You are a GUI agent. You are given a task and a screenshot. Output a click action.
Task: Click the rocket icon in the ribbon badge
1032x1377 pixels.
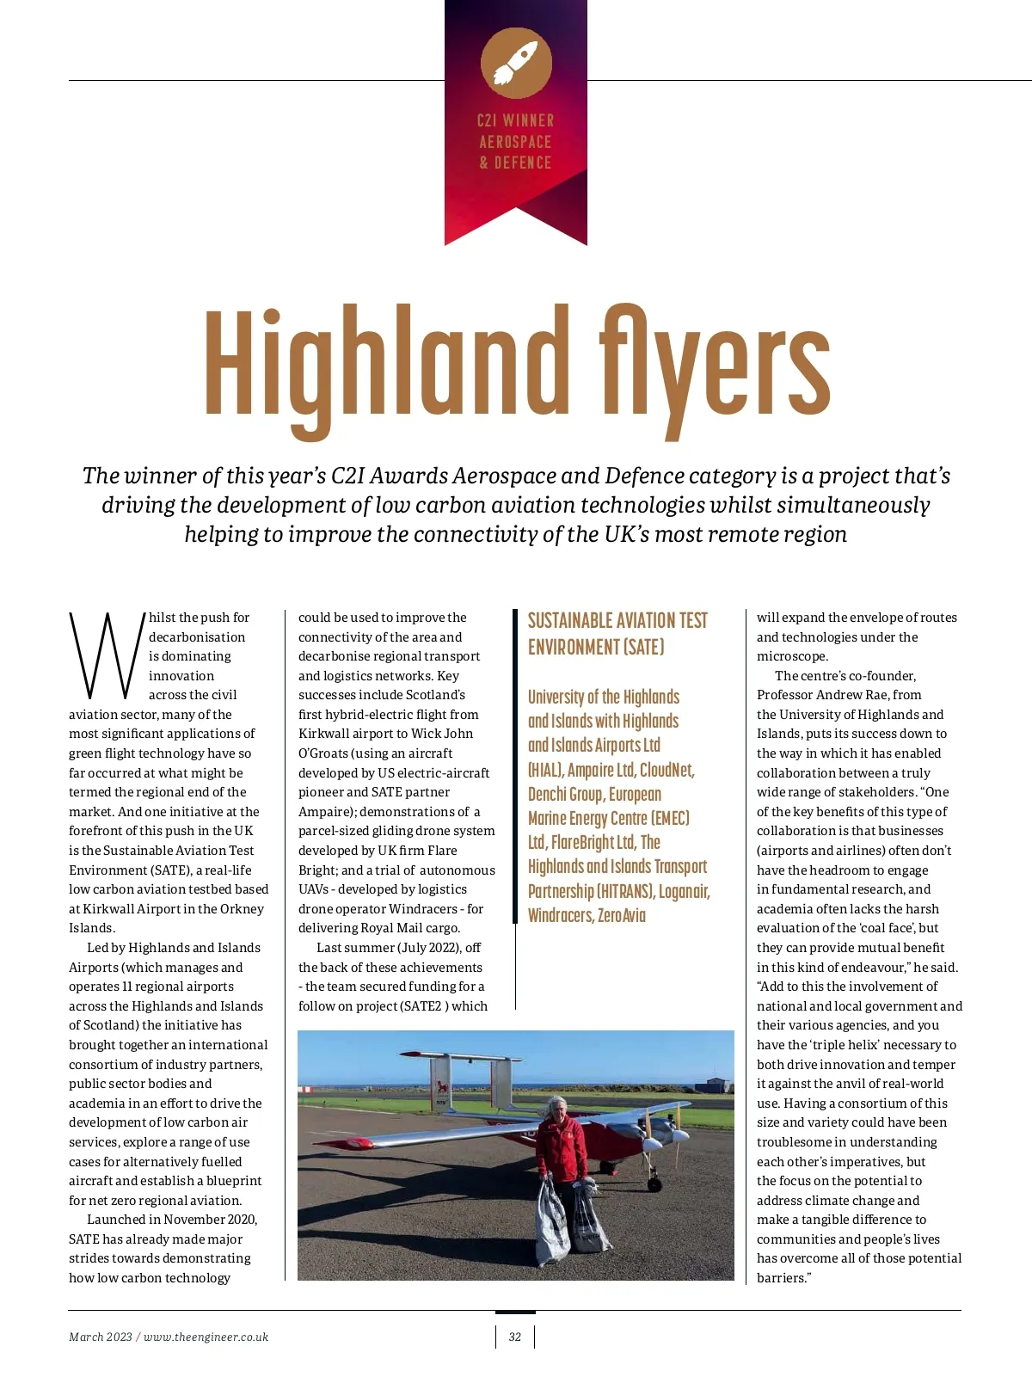(516, 63)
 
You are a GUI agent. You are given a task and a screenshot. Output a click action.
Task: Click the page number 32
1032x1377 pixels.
(515, 1337)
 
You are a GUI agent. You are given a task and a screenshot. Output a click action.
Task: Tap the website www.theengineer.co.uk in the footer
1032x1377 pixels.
(206, 1337)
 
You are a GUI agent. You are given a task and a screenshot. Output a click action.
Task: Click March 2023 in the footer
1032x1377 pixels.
(101, 1337)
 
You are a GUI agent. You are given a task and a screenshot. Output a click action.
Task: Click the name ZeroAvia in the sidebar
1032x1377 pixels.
(621, 915)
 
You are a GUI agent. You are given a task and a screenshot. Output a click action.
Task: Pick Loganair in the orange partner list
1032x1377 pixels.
(684, 891)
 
